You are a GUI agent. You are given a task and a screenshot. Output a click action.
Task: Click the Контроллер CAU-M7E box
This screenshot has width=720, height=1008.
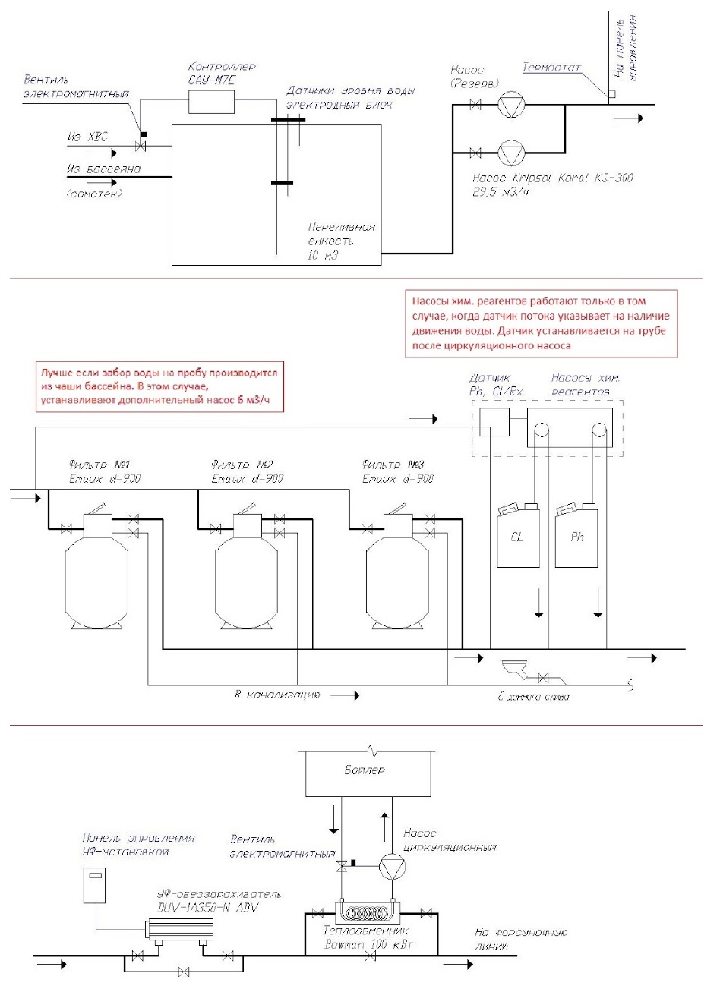(211, 101)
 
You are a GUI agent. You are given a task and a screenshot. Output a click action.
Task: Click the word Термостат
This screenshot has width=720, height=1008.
(551, 68)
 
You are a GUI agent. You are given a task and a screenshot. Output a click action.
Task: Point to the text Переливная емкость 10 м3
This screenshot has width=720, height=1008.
(341, 241)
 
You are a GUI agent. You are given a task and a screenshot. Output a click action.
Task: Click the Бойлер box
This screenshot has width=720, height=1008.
(365, 772)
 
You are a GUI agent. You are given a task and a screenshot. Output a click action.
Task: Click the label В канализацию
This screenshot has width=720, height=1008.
(277, 695)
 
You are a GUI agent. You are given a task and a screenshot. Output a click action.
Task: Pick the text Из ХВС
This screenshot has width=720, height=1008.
(87, 137)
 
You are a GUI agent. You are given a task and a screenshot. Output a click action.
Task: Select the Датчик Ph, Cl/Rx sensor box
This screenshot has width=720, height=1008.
(494, 421)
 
